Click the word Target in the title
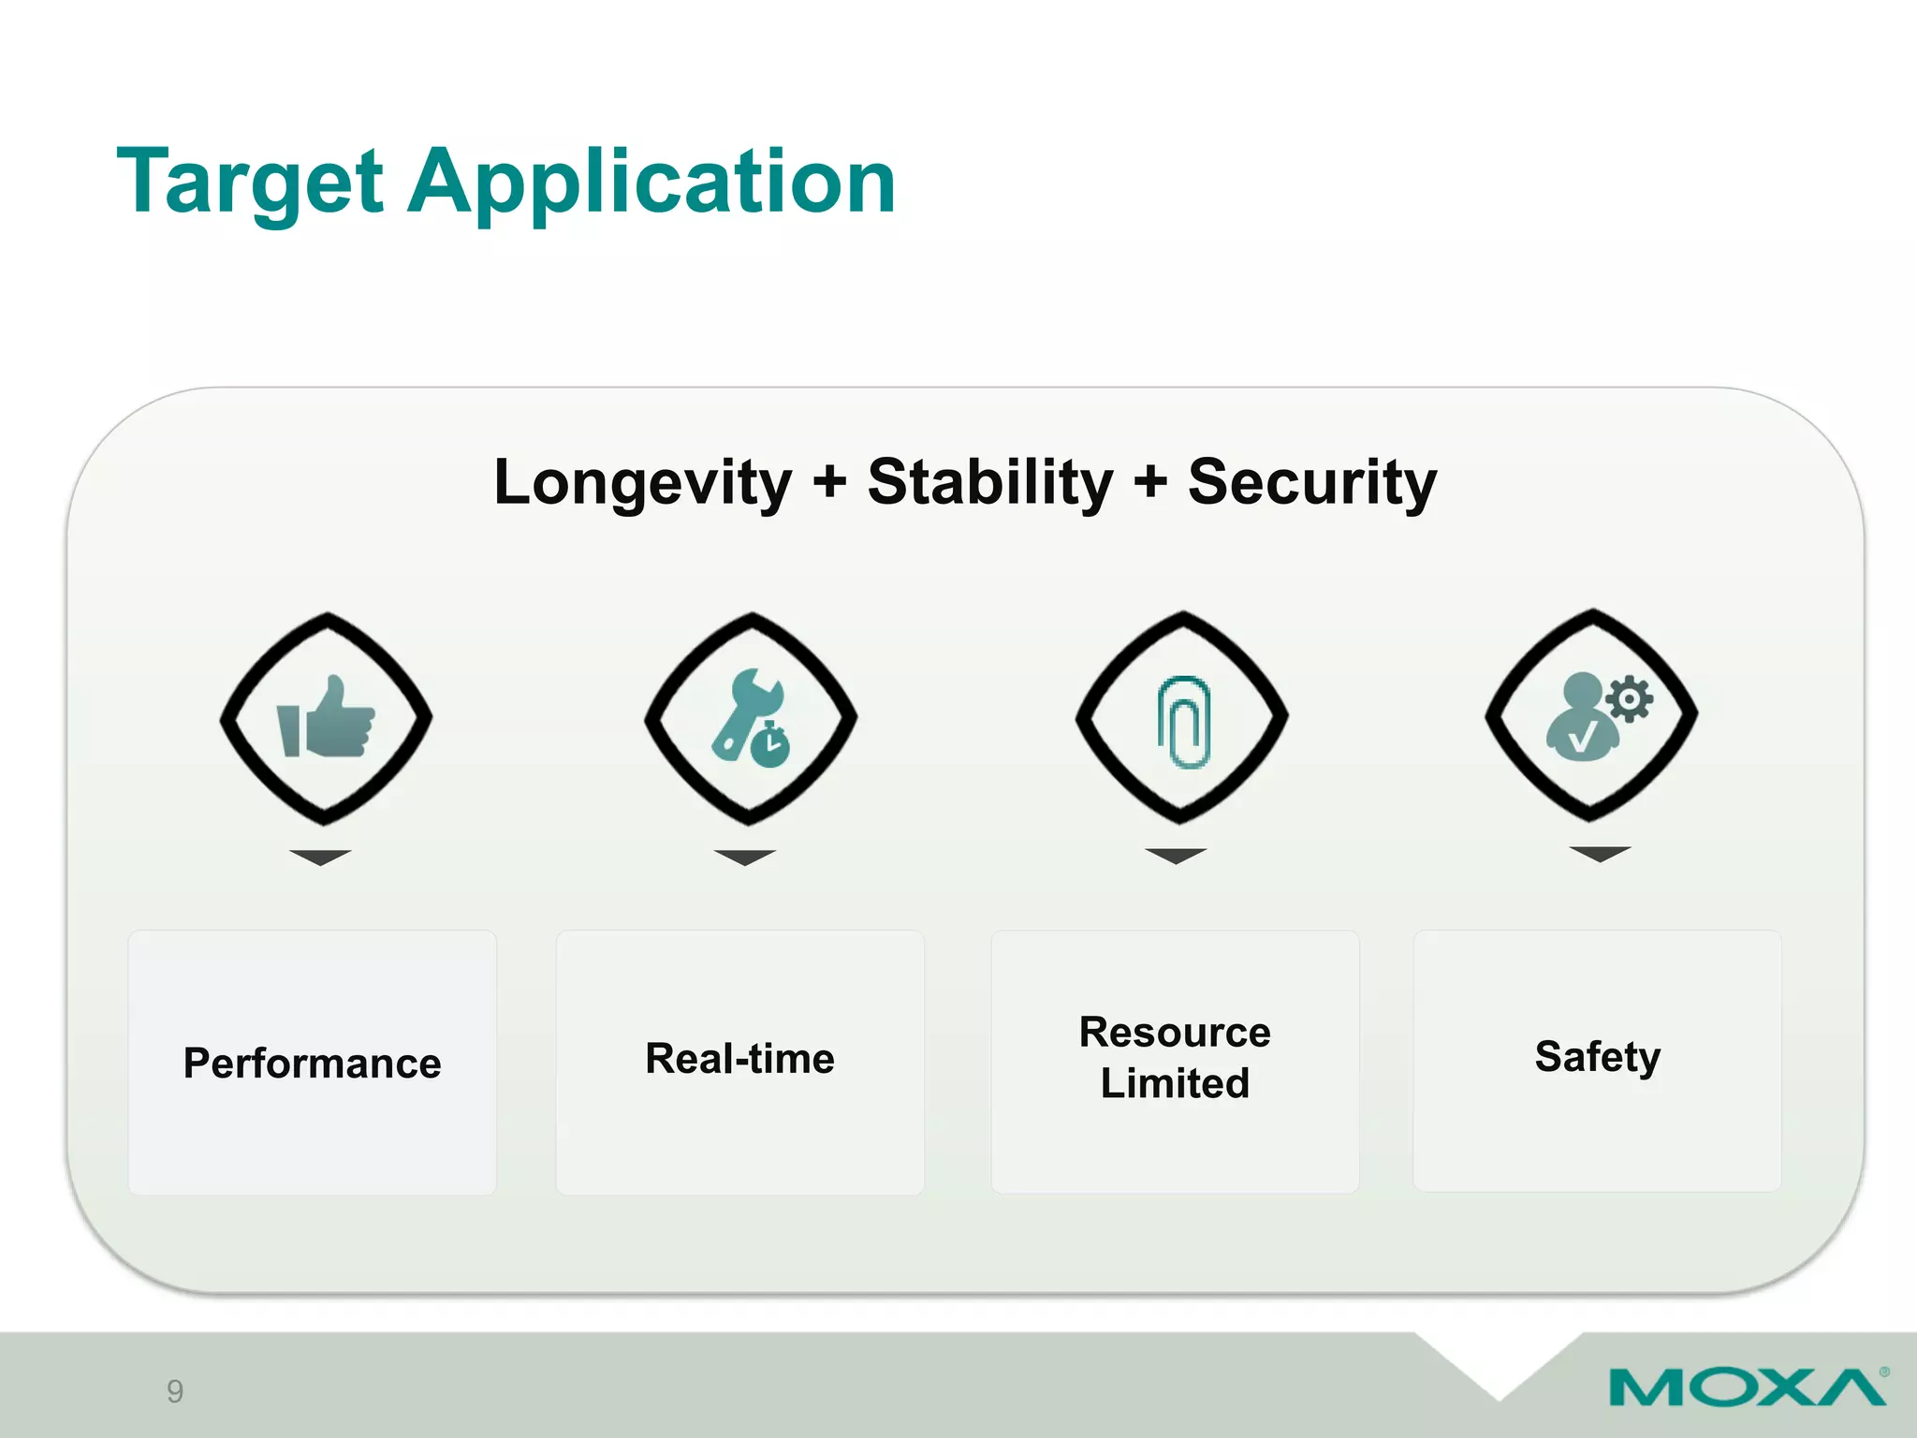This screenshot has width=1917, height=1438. coord(250,183)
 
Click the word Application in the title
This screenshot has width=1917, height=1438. coord(651,183)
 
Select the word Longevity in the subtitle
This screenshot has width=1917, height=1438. coord(642,483)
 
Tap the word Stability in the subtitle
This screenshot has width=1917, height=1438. coord(990,483)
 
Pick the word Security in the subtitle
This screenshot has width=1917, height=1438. coord(1311,483)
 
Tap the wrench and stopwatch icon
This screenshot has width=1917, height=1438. coord(751,718)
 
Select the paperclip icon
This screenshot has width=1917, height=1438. coord(1183,721)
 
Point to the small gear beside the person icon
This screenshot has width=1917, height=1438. coord(1630,698)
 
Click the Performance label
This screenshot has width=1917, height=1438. coord(312,1064)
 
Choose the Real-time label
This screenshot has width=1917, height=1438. coord(739,1059)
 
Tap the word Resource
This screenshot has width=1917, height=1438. coord(1175,1033)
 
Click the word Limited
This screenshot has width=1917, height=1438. coord(1175,1083)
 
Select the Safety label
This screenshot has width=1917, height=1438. coord(1597,1057)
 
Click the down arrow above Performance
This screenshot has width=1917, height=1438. coord(320,857)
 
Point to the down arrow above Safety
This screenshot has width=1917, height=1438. coord(1600,853)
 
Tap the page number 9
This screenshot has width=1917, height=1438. coord(175,1391)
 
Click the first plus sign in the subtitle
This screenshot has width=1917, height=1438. coord(829,483)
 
